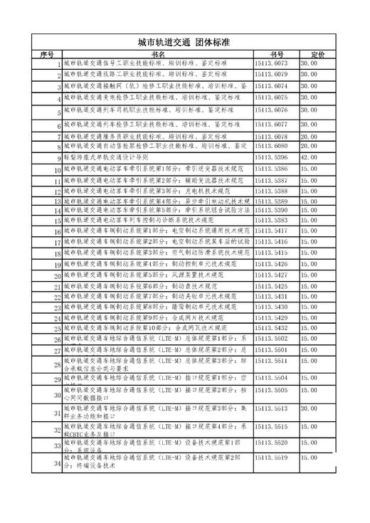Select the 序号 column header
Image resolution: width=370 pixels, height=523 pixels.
[48, 54]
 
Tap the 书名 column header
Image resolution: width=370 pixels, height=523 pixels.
[157, 54]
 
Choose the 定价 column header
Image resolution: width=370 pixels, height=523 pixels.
[317, 54]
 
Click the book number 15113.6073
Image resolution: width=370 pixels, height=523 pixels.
[271, 63]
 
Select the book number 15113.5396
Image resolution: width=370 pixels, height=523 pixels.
[271, 157]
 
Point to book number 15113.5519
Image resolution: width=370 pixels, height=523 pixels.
[271, 458]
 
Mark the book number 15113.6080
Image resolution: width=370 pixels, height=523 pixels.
[271, 145]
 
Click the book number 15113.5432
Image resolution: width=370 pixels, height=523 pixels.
[271, 327]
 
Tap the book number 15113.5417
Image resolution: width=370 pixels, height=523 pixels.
[271, 231]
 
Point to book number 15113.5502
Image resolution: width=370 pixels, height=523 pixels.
[271, 339]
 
